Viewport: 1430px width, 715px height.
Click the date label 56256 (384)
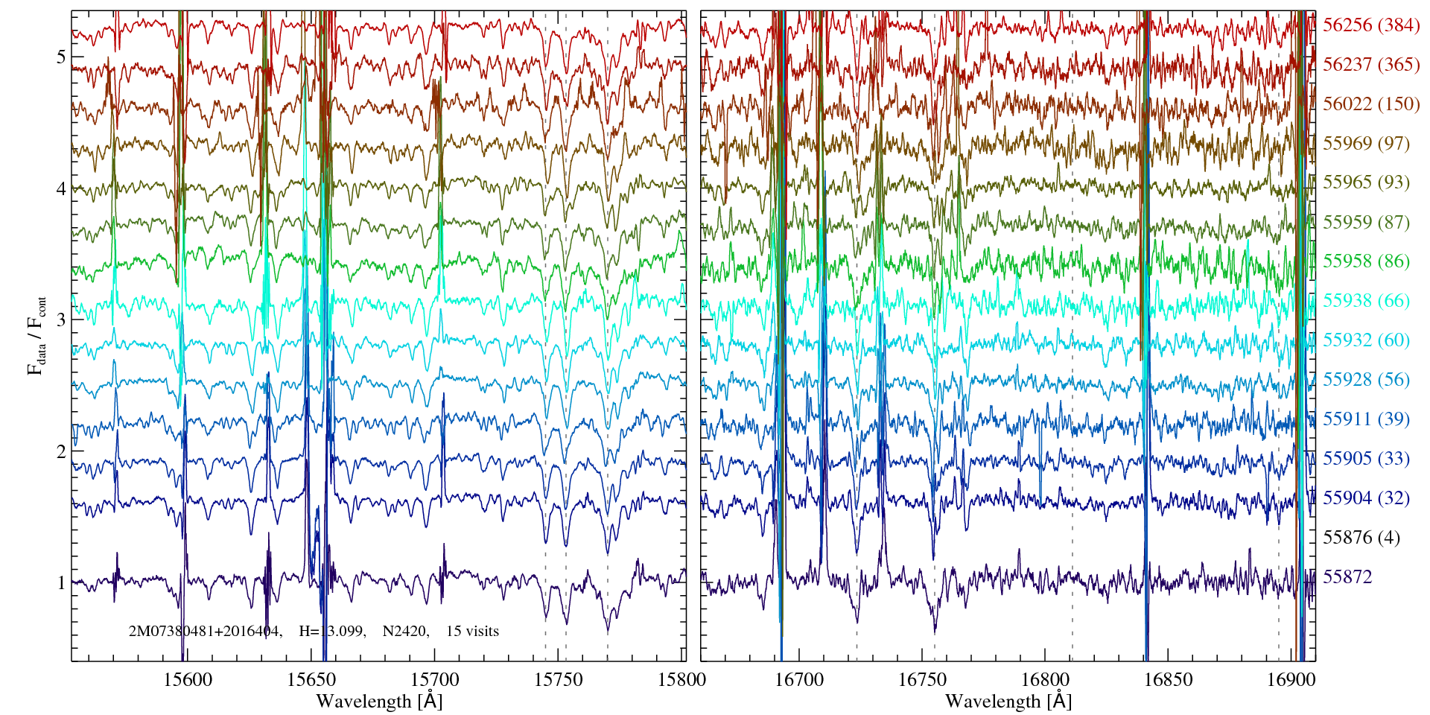(1370, 25)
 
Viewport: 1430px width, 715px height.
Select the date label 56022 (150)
(1370, 104)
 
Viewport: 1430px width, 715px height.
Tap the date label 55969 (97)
(1366, 144)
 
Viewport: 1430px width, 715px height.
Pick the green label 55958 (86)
(1366, 261)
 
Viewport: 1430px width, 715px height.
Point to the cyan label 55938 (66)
(1366, 301)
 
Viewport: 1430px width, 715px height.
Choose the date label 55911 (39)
(1366, 419)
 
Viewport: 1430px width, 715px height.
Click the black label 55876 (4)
(1361, 538)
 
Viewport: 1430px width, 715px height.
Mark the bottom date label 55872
(1347, 577)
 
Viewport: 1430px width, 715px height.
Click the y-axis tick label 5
(61, 57)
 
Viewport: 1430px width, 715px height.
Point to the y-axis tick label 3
(61, 320)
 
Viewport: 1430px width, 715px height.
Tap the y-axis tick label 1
(61, 583)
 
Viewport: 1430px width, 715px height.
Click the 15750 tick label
(559, 679)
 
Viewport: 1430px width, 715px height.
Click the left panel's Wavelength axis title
(378, 702)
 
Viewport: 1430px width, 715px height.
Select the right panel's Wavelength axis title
(1008, 702)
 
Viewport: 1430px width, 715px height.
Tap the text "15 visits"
(472, 632)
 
